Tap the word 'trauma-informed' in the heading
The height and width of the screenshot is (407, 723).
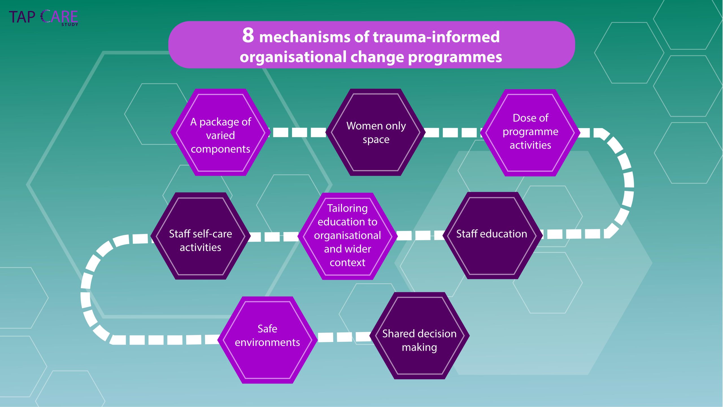pos(436,37)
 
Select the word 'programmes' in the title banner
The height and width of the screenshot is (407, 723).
pos(455,57)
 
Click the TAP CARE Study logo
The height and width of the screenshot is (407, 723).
pos(43,18)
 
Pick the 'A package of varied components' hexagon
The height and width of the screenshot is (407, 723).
pos(220,132)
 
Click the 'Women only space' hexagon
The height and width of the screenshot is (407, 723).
pos(376,132)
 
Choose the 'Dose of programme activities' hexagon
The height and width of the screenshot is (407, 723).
pos(530,132)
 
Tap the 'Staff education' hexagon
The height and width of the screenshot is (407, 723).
pos(492,235)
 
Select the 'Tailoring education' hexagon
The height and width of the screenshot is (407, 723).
pos(347,236)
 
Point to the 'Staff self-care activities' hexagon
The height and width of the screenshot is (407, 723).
pos(201,236)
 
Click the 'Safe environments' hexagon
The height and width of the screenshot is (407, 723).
pos(267,340)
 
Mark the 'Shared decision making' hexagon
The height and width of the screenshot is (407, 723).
pos(419,336)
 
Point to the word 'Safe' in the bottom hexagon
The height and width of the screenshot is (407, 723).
pos(267,329)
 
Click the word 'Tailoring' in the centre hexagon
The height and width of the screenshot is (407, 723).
pos(347,208)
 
